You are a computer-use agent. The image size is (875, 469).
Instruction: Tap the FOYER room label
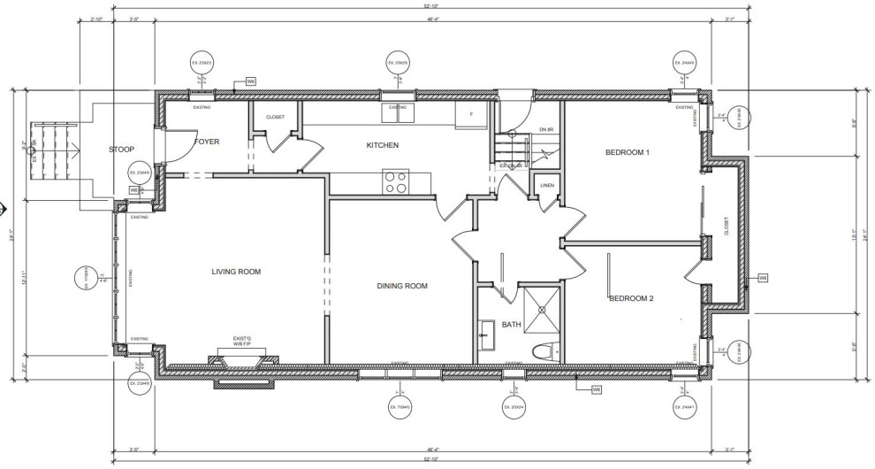(x=207, y=142)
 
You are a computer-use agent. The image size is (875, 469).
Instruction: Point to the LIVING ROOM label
(x=236, y=272)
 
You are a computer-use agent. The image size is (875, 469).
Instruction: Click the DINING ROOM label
(x=402, y=286)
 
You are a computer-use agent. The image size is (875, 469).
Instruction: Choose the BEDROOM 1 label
(x=628, y=153)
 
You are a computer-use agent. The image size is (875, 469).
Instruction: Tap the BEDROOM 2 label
(x=631, y=299)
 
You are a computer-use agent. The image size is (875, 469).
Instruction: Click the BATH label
(x=512, y=324)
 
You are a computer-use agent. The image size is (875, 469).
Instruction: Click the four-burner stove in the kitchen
(x=397, y=181)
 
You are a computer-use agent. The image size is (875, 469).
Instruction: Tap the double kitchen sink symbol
(x=397, y=112)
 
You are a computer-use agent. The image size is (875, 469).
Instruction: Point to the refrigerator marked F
(x=471, y=114)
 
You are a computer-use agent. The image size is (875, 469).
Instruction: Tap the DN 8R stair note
(x=545, y=130)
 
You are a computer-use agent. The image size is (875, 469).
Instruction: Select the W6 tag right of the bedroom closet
(x=762, y=278)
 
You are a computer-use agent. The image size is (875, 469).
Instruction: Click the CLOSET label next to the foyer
(x=275, y=116)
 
